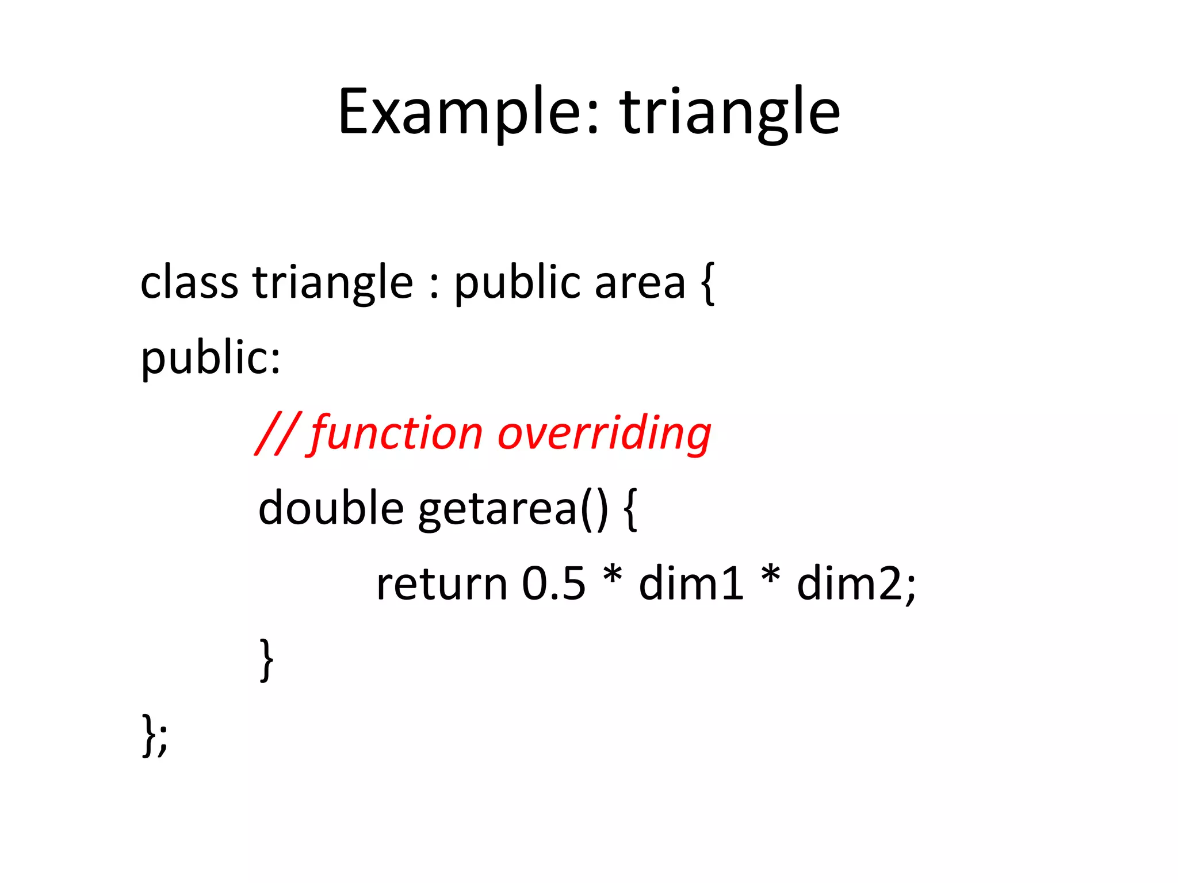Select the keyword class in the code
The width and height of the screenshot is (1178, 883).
click(189, 283)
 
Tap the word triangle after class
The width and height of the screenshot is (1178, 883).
click(332, 283)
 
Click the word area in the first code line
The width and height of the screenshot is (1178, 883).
click(640, 283)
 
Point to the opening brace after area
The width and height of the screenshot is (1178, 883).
click(708, 283)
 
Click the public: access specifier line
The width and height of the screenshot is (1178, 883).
click(211, 358)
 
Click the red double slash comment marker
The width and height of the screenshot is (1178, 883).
click(277, 434)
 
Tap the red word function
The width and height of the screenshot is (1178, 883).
click(397, 434)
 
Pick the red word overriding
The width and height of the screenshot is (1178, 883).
click(604, 434)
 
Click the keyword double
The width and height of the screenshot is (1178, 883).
click(331, 509)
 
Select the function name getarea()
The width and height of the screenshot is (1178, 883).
click(512, 509)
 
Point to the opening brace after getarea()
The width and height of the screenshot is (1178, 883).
click(630, 509)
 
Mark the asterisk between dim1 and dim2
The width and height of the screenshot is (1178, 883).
click(770, 575)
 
